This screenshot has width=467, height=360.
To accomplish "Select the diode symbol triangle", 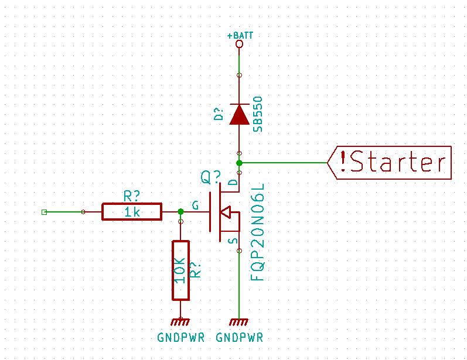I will click(239, 114).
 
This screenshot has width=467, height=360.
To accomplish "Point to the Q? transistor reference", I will click(212, 176).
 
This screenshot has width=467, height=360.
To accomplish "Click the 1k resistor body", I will click(132, 212).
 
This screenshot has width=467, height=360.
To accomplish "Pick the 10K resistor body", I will click(180, 270).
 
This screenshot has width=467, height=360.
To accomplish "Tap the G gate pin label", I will click(195, 205).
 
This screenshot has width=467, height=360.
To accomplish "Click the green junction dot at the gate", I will click(180, 211).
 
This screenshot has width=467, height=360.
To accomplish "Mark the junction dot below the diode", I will click(239, 162).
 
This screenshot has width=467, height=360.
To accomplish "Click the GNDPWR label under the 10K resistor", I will click(180, 338).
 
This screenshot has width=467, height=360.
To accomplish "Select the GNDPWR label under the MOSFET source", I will click(239, 338).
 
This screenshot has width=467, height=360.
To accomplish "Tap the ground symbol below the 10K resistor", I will click(180, 321).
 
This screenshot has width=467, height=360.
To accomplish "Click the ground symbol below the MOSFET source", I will click(239, 321).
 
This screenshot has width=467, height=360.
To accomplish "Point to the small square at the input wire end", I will click(44, 212).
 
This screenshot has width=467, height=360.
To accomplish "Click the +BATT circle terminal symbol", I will click(239, 44).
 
